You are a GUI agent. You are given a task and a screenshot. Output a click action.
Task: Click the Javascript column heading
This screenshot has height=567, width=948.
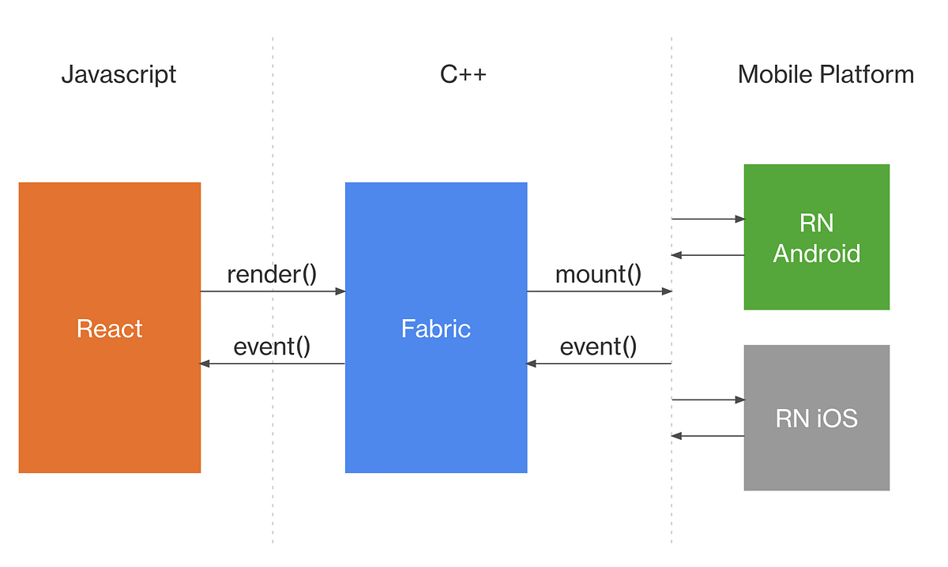pos(118,75)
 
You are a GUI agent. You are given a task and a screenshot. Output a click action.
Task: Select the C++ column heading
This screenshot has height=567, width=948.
pos(463,75)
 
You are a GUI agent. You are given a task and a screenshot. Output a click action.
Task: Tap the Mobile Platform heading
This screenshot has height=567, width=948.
pos(826,75)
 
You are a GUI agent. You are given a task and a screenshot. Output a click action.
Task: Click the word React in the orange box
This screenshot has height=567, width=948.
pos(109,329)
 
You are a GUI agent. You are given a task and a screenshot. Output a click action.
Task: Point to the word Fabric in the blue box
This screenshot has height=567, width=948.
pos(436,329)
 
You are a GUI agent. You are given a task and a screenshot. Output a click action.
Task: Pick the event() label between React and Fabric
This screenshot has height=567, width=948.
pos(272,347)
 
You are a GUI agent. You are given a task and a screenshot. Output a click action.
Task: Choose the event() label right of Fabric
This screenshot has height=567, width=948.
pos(598,347)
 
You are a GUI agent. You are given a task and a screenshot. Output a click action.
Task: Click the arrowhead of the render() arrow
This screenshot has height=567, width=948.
pos(341,291)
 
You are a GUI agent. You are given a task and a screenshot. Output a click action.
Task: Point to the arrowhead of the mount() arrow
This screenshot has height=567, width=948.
pos(668,291)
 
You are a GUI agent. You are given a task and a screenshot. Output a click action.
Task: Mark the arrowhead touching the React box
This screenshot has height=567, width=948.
pos(205,363)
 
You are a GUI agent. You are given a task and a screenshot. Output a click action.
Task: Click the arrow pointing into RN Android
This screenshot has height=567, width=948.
pos(708,219)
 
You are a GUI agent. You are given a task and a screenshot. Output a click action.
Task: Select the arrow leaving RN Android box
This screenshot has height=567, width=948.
pos(708,255)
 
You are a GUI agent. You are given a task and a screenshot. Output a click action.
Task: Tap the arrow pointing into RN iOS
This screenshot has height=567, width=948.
pos(708,400)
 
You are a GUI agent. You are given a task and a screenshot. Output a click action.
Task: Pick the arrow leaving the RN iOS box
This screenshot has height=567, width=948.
pos(708,436)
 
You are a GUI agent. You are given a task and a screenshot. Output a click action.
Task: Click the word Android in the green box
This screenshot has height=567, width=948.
pos(816,253)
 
